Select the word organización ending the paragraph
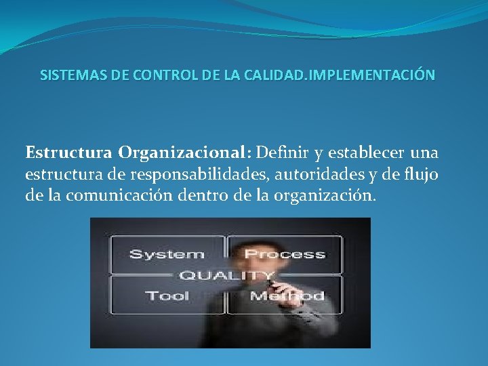(314, 197)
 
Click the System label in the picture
(166, 255)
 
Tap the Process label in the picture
(285, 255)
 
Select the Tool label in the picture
(167, 296)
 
